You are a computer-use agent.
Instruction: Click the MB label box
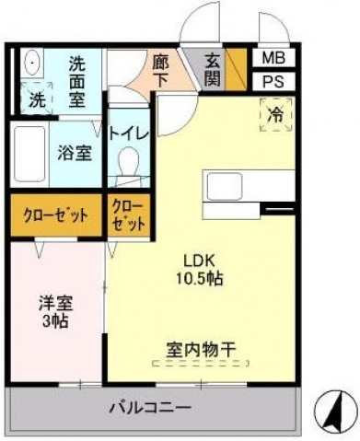tap(272, 57)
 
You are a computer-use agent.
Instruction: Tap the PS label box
tap(272, 80)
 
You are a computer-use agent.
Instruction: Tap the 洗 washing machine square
tap(37, 98)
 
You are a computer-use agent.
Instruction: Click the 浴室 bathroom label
tap(75, 153)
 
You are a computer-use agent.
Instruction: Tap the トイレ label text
tap(128, 132)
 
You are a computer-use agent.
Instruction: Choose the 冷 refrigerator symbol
tap(275, 117)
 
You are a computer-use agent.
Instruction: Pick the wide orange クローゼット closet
tap(55, 215)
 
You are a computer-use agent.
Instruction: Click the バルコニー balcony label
tap(152, 406)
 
